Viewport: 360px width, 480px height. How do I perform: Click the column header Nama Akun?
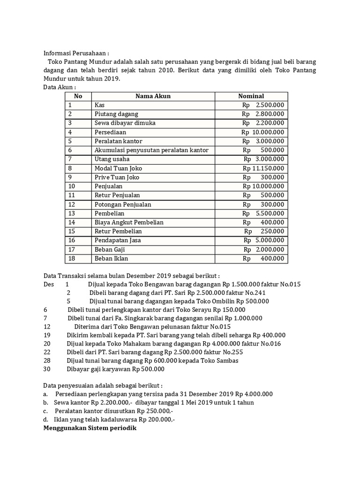point(153,96)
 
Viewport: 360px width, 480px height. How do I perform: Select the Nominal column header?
point(251,96)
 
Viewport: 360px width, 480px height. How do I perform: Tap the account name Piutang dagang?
point(116,114)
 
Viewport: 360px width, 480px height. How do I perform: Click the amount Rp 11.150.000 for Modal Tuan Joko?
point(263,168)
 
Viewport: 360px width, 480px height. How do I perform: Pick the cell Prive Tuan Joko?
point(117,177)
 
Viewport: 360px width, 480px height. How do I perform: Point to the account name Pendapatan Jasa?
point(117,240)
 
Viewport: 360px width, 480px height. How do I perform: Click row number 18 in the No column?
point(72,258)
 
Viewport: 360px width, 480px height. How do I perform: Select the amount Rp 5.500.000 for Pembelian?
point(263,213)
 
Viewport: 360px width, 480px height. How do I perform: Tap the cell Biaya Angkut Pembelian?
point(129,222)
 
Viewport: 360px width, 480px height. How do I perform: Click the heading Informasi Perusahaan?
point(76,53)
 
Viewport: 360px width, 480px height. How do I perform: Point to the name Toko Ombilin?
point(215,301)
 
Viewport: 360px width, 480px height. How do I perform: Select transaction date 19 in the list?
point(46,335)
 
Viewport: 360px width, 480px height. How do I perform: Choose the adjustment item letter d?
point(45,420)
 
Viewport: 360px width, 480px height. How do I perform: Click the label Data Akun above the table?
point(59,87)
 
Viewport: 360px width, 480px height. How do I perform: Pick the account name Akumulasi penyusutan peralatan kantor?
point(151,150)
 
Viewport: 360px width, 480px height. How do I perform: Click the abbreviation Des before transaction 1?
point(49,284)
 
